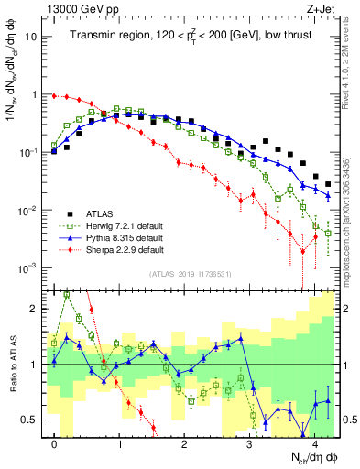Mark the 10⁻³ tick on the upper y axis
tap(29, 268)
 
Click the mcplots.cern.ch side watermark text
tap(353, 215)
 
